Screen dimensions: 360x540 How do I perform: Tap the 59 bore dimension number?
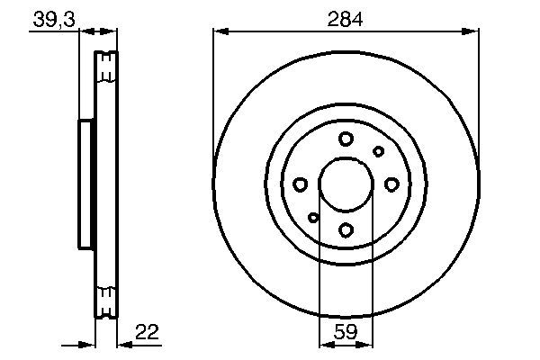pos(346,332)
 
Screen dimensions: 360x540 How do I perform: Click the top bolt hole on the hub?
pos(346,139)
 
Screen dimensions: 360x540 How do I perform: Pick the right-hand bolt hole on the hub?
pos(391,184)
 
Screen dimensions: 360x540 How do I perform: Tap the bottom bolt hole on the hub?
pos(346,229)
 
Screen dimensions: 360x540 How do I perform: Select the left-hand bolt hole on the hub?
pos(301,184)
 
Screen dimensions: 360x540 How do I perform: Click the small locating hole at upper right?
pos(379,151)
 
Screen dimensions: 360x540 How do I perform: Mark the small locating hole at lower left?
pos(313,217)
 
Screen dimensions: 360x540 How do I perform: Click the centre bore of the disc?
pos(346,184)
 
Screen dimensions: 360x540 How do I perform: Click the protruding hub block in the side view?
pos(86,184)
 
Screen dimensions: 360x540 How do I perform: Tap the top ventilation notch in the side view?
pos(106,64)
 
